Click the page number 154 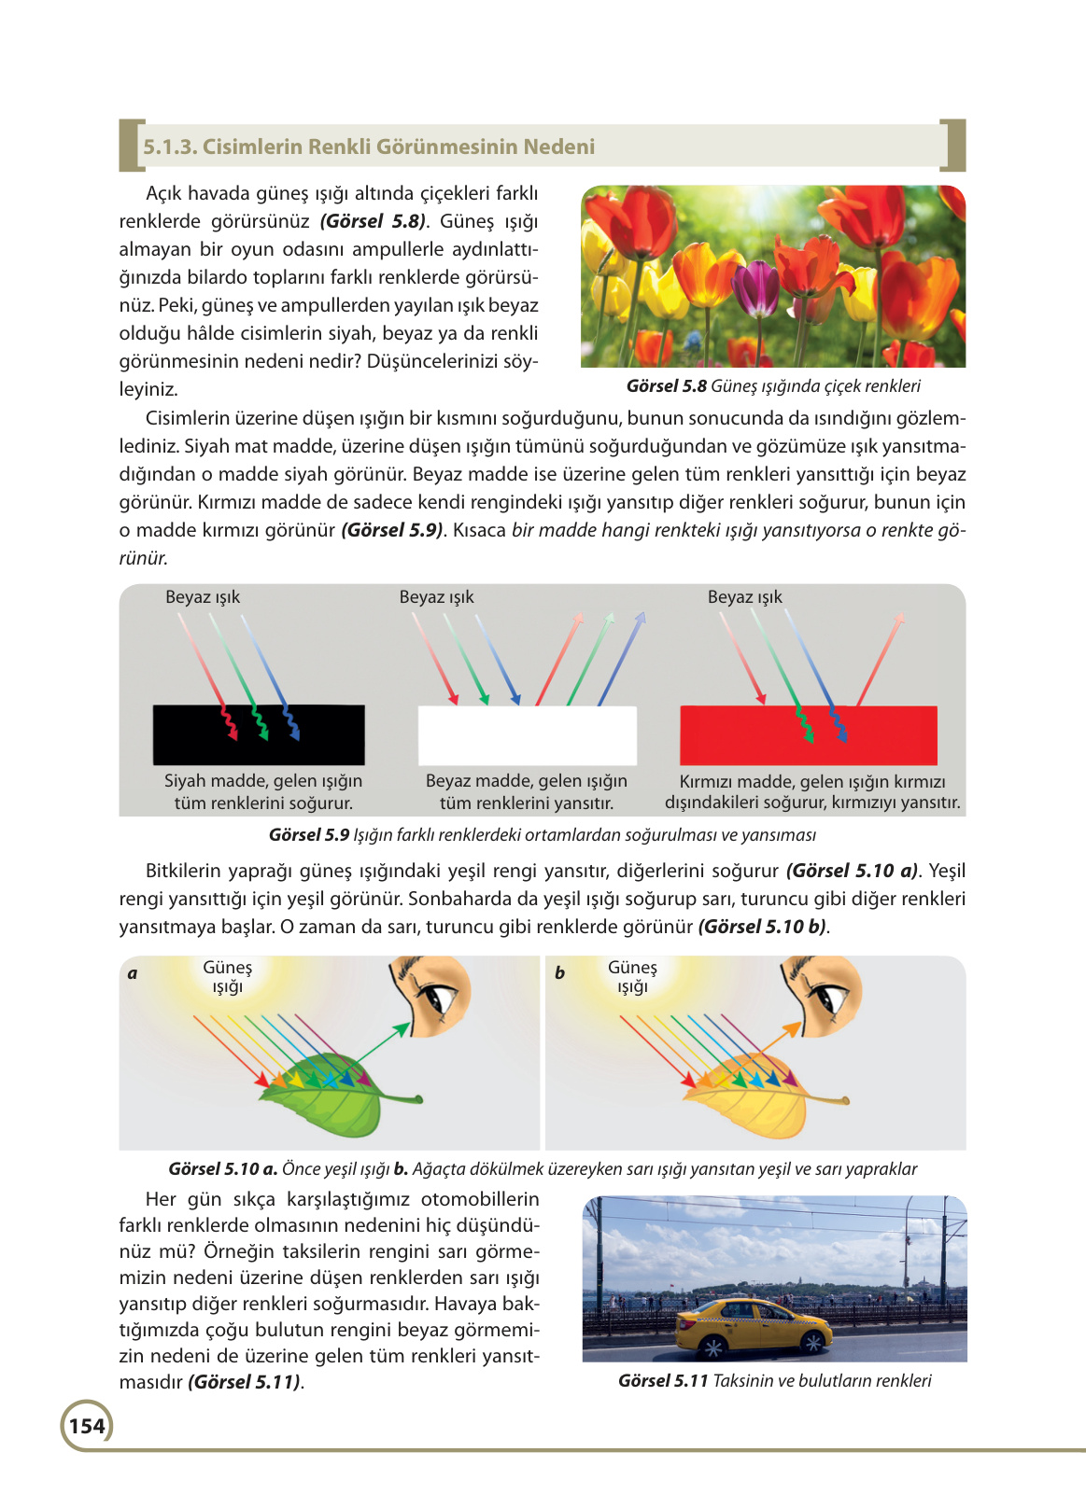87,1426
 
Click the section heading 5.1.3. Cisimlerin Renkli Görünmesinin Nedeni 369,147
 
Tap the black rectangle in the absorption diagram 259,735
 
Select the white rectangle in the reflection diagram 528,735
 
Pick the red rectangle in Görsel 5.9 809,735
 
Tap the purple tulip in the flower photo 755,285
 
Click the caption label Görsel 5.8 667,386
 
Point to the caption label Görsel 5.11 663,1381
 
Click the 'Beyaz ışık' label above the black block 203,597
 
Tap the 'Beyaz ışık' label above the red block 744,597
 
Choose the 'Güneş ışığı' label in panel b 632,977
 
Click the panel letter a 133,973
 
